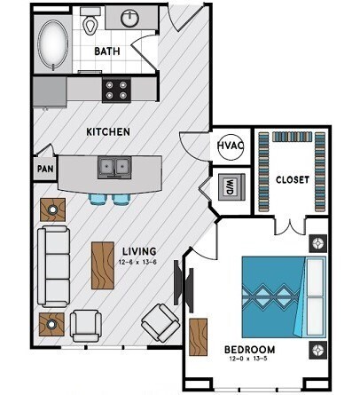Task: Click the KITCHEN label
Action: (108, 131)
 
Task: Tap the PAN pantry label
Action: (43, 168)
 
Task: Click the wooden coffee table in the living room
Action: (102, 265)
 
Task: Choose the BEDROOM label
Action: (249, 349)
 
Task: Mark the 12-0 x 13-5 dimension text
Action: (249, 359)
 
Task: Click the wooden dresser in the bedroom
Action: (198, 336)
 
